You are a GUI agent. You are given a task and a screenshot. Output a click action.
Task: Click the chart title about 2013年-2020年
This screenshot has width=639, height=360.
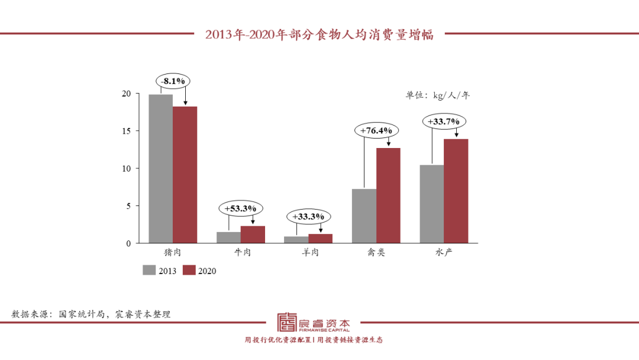tap(319, 34)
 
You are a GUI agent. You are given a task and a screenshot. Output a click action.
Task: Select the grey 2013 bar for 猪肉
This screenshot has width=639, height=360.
tap(160, 169)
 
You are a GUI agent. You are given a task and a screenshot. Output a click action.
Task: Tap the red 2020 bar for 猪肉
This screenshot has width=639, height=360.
tap(185, 175)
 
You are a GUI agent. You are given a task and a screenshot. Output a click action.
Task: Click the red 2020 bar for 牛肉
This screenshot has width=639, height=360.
tap(253, 234)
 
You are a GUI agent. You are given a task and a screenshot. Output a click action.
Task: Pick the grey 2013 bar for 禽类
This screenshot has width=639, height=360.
tap(364, 216)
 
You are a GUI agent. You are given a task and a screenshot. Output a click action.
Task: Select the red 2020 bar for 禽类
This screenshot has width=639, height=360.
tap(388, 195)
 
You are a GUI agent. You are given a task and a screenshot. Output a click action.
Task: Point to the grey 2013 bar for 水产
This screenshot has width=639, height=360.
tap(432, 204)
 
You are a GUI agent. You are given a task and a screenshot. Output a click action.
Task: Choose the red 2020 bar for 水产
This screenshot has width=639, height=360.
tap(456, 191)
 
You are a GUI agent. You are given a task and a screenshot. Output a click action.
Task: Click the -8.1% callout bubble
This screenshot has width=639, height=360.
tap(173, 80)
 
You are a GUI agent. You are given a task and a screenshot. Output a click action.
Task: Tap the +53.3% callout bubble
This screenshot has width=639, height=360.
tap(241, 208)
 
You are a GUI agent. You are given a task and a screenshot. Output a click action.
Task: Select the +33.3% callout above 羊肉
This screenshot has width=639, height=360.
tap(309, 217)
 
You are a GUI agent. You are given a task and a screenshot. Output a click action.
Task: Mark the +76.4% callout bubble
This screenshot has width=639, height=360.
tap(376, 130)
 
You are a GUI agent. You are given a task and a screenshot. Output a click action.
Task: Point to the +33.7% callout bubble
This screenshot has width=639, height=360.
tap(444, 121)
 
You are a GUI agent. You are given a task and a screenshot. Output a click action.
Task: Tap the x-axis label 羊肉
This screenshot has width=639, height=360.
tap(308, 253)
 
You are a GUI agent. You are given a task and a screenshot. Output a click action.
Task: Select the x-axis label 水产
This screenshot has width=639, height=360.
tap(444, 253)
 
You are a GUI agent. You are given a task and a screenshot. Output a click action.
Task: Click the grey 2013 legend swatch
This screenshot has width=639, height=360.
tap(149, 270)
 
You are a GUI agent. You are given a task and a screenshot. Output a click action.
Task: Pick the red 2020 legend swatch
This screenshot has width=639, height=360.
tap(189, 270)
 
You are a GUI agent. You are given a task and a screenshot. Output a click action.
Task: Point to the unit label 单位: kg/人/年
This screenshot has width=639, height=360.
tap(437, 95)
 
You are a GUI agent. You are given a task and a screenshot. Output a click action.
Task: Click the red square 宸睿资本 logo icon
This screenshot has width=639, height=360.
tap(288, 322)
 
